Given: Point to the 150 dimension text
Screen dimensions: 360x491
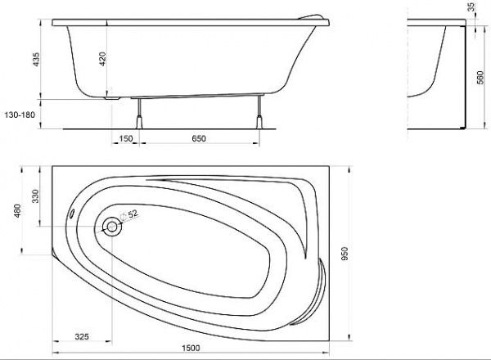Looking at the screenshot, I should [x=126, y=140].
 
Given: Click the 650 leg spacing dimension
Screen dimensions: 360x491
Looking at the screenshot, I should [x=200, y=140].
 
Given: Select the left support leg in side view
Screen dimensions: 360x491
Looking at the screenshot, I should [x=142, y=115].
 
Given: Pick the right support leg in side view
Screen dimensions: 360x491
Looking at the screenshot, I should [x=261, y=115].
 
